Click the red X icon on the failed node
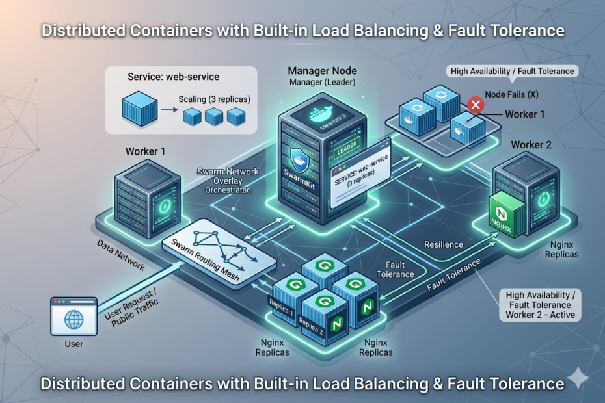tap(476, 104)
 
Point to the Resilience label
tap(444, 244)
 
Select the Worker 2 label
tap(531, 144)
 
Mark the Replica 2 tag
tap(311, 324)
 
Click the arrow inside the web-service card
tap(168, 111)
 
